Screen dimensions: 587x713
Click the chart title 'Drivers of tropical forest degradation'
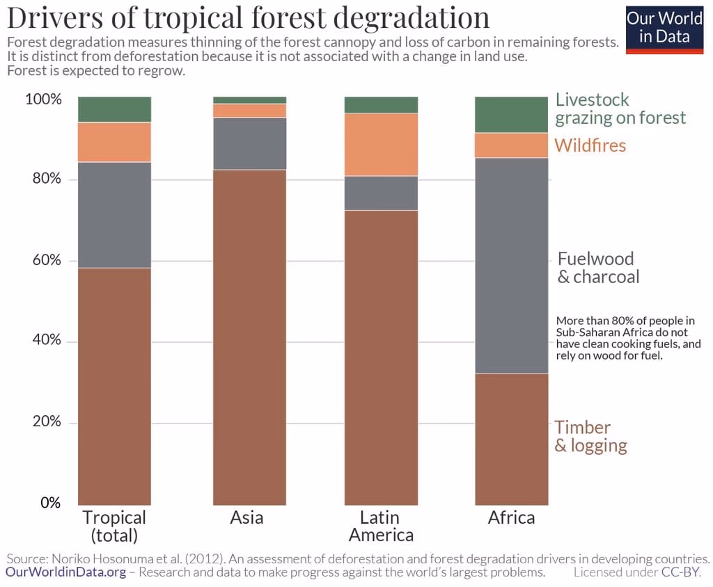pos(248,17)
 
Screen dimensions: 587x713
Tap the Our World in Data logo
pos(664,28)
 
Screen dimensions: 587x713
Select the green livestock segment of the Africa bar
pos(511,115)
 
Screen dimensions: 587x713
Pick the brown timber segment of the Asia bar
pos(249,337)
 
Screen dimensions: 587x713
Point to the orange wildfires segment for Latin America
pos(381,145)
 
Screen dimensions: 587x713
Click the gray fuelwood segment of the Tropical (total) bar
pos(114,215)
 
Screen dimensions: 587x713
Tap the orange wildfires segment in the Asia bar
pos(249,111)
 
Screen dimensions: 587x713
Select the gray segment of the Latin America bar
pos(381,193)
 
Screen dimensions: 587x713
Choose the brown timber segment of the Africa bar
pos(511,439)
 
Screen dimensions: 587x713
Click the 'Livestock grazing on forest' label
pos(620,108)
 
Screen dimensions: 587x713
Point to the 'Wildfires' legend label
pos(590,145)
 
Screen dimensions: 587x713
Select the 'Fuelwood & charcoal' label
pos(597,268)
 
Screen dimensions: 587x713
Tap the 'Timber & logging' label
pos(590,436)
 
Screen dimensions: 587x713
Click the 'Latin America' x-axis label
pos(381,526)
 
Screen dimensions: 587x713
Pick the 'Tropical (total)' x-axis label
pos(114,526)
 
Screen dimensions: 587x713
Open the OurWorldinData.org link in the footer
pos(66,572)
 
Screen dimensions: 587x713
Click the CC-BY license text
pos(680,572)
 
